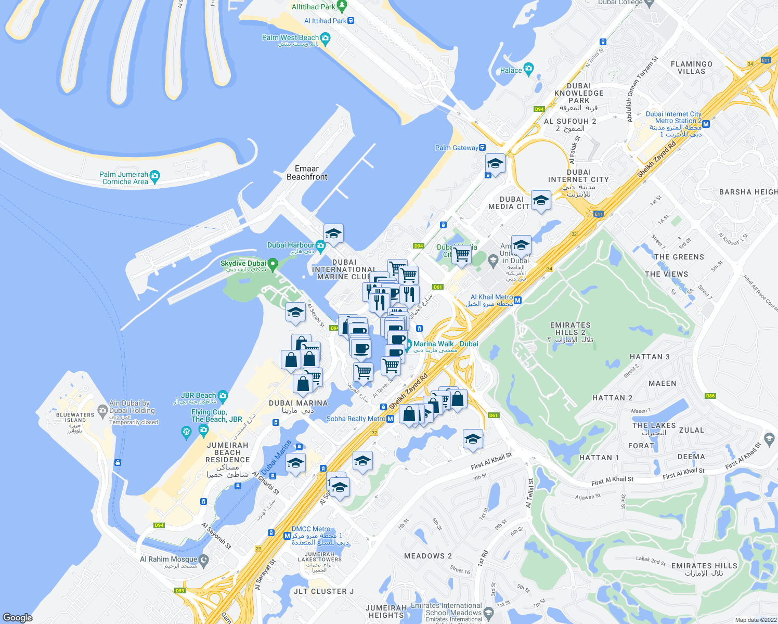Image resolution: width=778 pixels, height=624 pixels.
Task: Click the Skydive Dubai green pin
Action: pyautogui.click(x=272, y=264)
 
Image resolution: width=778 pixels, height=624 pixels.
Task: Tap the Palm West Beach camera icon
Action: pyautogui.click(x=326, y=38)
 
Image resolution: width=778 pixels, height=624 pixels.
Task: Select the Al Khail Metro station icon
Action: pyautogui.click(x=517, y=300)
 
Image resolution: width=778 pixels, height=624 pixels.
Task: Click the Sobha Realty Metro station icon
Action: pyautogui.click(x=390, y=419)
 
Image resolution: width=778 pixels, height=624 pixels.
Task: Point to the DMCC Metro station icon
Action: pyautogui.click(x=287, y=536)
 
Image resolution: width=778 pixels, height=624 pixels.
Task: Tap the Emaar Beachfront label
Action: pyautogui.click(x=307, y=173)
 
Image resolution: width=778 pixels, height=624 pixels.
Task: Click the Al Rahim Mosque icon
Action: pyautogui.click(x=204, y=560)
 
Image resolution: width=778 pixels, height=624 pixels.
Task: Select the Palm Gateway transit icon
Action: pyautogui.click(x=483, y=148)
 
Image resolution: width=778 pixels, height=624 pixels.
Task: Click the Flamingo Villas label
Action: pyautogui.click(x=691, y=68)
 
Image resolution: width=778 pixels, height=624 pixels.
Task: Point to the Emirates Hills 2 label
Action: pyautogui.click(x=570, y=332)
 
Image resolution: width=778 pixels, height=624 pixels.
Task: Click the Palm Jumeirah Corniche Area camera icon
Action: pyautogui.click(x=154, y=175)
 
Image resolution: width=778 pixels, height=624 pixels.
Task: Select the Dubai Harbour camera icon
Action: pyautogui.click(x=320, y=245)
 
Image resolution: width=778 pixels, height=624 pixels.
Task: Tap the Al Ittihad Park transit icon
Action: pyautogui.click(x=351, y=21)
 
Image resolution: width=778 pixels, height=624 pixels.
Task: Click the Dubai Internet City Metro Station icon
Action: pyautogui.click(x=706, y=124)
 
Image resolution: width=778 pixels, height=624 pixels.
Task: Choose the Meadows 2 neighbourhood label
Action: pyautogui.click(x=428, y=556)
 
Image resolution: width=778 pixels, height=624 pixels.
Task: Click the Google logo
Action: pyautogui.click(x=18, y=617)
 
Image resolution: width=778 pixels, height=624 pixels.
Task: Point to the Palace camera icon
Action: pyautogui.click(x=529, y=69)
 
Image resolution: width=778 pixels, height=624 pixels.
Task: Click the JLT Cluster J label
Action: pyautogui.click(x=323, y=591)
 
